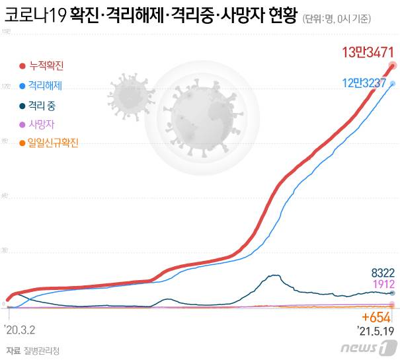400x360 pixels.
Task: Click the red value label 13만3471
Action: [x=367, y=52]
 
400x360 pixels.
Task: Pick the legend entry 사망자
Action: [x=41, y=124]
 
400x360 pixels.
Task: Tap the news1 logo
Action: [x=370, y=347]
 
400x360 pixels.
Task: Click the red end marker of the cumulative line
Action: [x=393, y=65]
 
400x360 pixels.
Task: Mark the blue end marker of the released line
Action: [x=393, y=83]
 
